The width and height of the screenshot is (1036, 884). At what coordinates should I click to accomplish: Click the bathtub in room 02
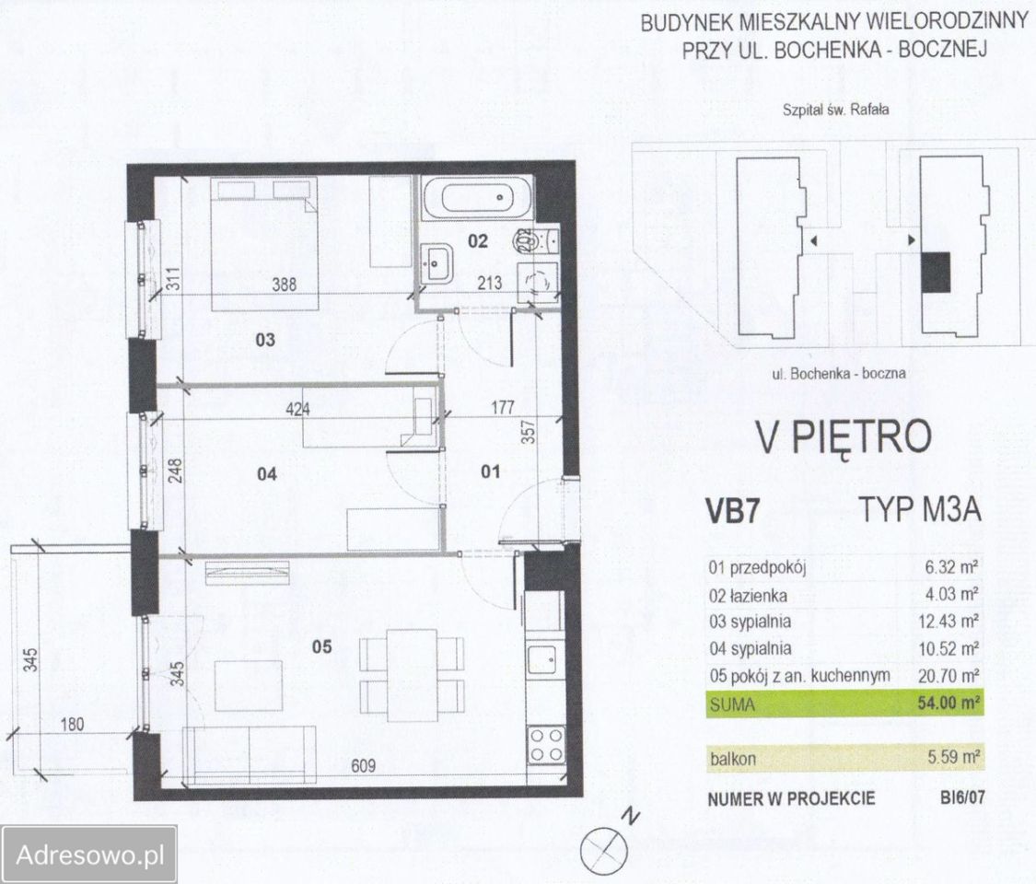[477, 197]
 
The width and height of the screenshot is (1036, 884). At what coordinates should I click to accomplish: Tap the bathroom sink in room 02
[436, 263]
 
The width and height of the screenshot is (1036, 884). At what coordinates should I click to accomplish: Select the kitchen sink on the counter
[543, 658]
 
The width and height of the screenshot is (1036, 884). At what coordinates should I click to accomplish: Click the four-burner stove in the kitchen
[546, 745]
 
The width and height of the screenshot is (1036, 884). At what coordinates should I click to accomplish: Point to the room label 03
[265, 341]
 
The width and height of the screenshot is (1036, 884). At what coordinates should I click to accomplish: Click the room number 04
[267, 473]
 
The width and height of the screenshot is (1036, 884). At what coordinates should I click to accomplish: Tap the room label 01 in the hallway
[490, 471]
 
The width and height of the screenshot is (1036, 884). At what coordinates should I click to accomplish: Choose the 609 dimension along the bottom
[364, 766]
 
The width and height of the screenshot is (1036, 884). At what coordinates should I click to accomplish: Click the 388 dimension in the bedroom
[285, 285]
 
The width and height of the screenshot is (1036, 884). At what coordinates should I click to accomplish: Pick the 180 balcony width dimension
[72, 724]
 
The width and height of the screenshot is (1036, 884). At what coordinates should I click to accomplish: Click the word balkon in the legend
[733, 759]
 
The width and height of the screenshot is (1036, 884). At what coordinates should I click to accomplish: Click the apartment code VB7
[733, 513]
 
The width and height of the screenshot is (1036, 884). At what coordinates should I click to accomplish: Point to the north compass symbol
[602, 850]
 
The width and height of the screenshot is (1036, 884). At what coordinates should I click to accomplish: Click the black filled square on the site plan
[936, 273]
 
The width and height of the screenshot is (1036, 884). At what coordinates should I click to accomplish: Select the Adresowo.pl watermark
[89, 855]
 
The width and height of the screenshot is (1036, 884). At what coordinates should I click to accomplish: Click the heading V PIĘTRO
[844, 436]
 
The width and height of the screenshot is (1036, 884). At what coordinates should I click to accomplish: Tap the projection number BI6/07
[962, 797]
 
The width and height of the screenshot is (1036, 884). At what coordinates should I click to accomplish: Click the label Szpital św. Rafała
[836, 110]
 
